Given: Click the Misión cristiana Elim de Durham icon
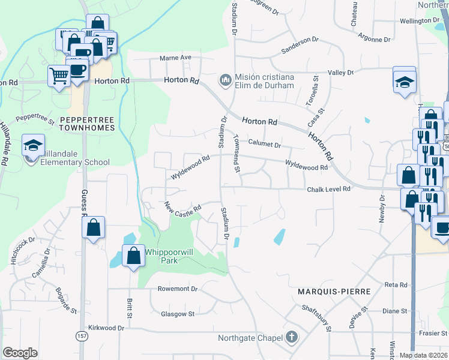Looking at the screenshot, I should [x=226, y=79].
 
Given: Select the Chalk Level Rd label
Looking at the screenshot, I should [x=328, y=190].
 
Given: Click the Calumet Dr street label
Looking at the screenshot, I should [x=265, y=144].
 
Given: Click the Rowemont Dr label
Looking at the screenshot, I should [x=177, y=289].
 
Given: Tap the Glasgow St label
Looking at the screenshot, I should [x=178, y=314].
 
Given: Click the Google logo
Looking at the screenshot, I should [x=20, y=353].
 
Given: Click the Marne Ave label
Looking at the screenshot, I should [x=175, y=58].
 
